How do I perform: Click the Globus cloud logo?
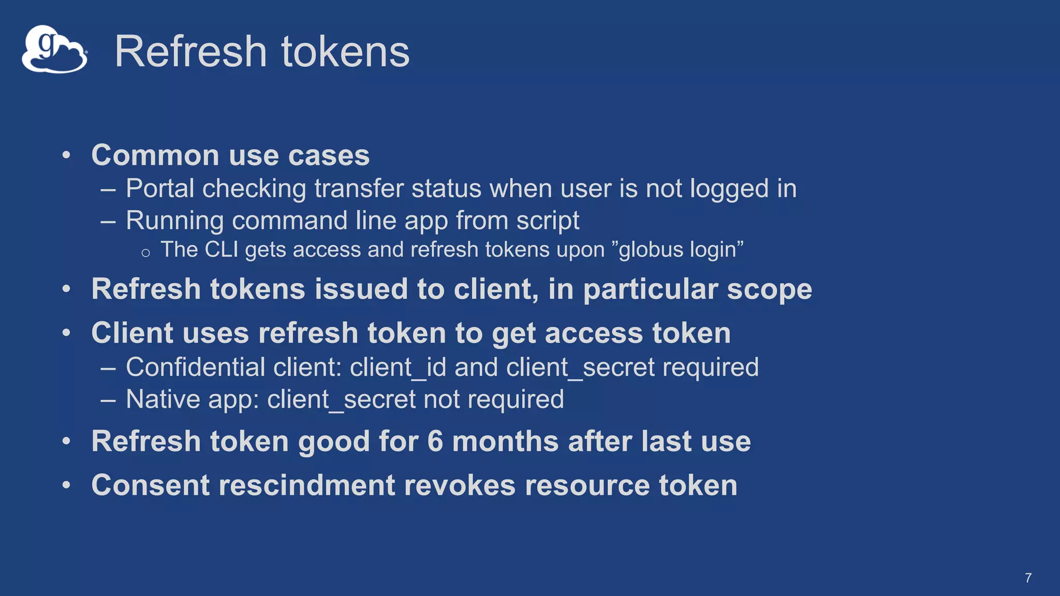point(54,50)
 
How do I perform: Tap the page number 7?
point(1028,578)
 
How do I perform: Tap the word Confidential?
point(195,367)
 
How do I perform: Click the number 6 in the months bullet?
point(435,442)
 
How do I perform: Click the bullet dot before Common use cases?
point(66,155)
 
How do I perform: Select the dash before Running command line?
point(108,221)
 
